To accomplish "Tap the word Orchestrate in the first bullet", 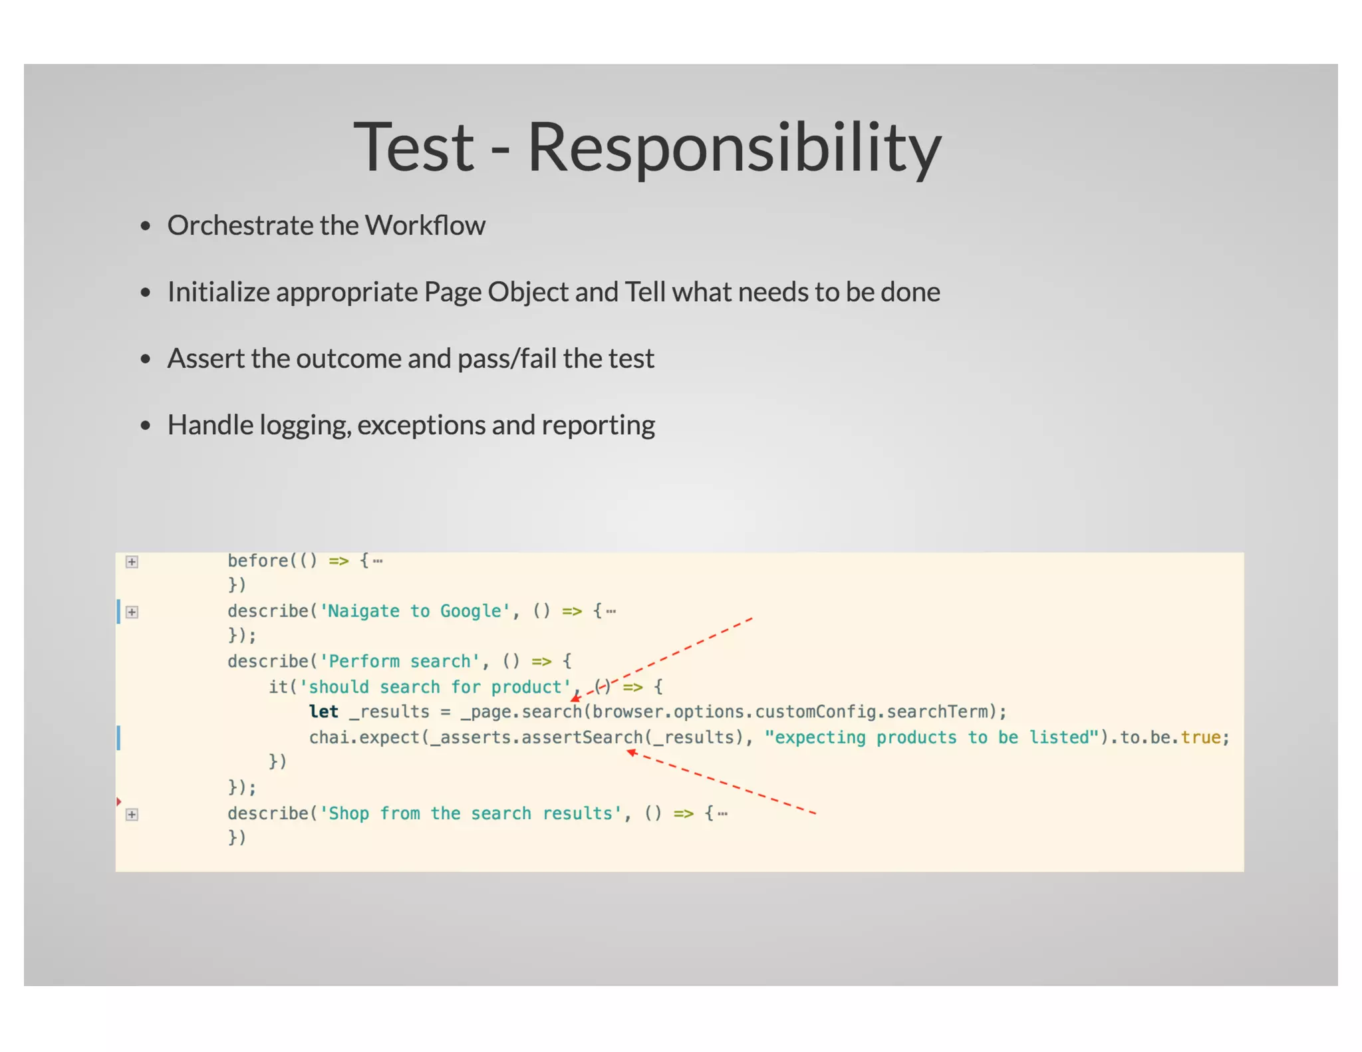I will point(240,225).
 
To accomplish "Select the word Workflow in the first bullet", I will point(425,225).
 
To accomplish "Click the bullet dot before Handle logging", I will point(146,426).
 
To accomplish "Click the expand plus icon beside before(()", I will point(132,562).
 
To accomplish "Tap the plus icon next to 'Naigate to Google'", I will point(132,612).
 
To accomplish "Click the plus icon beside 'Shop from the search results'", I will point(132,815).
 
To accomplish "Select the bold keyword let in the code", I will point(324,712).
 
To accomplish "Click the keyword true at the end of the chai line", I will point(1200,737).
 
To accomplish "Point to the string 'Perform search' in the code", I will point(400,662).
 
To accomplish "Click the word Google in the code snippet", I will point(473,611).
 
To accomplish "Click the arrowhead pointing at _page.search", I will point(575,698).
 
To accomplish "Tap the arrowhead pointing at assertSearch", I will point(631,752).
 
